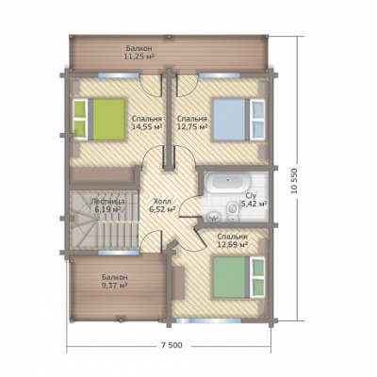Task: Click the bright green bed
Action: [x=100, y=119]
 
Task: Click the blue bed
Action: [x=238, y=119]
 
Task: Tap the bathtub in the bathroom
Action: [x=227, y=182]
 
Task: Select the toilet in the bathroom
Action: [x=233, y=208]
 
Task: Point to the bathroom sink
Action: [x=214, y=216]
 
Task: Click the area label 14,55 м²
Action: [x=147, y=127]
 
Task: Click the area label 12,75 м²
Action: [x=192, y=127]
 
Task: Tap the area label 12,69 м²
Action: [x=232, y=244]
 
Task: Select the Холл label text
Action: [x=161, y=201]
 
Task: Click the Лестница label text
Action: [x=107, y=201]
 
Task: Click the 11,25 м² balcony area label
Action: [x=139, y=57]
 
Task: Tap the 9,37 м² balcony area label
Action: [x=114, y=286]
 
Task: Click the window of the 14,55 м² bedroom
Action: [x=118, y=75]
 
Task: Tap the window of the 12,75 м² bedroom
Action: [x=220, y=75]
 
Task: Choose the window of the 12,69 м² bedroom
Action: [x=208, y=320]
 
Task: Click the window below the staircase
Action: [x=119, y=252]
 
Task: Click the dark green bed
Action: [x=238, y=277]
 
